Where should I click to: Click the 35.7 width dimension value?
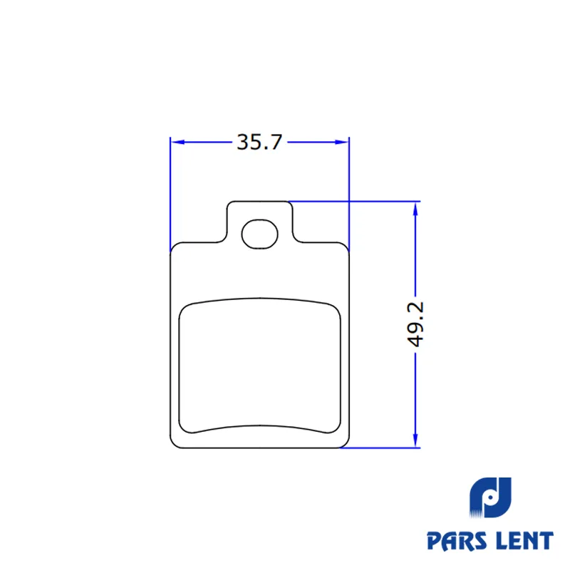tap(259, 143)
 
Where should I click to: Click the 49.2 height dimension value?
tap(415, 324)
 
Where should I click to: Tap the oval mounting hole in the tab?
tap(260, 234)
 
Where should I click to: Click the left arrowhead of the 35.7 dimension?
tap(177, 143)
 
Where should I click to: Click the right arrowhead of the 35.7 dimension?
tap(342, 143)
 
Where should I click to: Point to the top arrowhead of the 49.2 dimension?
tap(415, 209)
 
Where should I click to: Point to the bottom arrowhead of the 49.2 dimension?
tap(415, 440)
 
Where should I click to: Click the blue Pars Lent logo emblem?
tap(490, 497)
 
